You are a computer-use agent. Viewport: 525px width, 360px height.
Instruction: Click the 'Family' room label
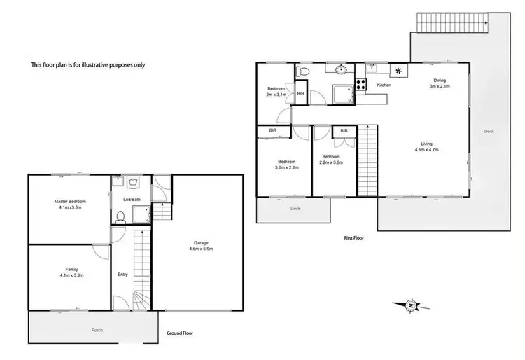[71, 268]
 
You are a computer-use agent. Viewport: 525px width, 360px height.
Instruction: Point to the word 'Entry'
[122, 274]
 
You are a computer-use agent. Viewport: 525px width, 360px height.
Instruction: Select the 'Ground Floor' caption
[181, 334]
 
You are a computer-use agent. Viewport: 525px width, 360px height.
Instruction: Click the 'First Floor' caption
[354, 238]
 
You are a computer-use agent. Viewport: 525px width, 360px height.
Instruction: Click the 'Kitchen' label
[384, 85]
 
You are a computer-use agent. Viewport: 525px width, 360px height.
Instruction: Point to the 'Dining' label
[440, 81]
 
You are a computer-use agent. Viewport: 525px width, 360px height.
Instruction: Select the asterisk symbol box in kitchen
[400, 71]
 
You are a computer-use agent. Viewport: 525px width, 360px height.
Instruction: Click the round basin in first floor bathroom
[341, 70]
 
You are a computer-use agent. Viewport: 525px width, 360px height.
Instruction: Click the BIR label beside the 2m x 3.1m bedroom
[300, 93]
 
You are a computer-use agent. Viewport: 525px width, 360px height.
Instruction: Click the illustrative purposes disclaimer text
[88, 65]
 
